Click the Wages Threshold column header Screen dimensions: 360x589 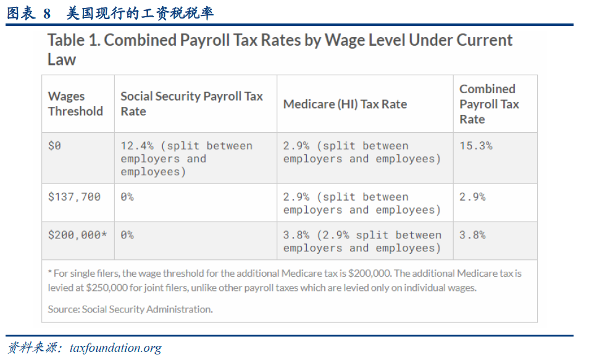[x=75, y=104]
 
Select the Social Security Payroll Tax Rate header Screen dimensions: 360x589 [x=191, y=104]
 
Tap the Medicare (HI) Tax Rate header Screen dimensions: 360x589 [x=345, y=104]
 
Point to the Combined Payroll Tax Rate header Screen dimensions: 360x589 [x=489, y=104]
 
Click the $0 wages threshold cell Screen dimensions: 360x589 [x=55, y=146]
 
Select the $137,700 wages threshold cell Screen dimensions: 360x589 [x=74, y=197]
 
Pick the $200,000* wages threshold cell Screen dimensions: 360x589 [x=78, y=235]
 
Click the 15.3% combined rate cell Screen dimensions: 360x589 [x=476, y=146]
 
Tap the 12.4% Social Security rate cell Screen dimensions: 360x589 [x=186, y=159]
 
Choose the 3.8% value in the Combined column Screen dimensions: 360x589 [x=472, y=235]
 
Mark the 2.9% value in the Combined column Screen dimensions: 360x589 [x=472, y=197]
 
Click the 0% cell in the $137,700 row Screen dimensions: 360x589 [x=127, y=197]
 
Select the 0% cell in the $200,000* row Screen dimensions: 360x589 [x=127, y=235]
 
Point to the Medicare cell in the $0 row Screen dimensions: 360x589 [x=362, y=153]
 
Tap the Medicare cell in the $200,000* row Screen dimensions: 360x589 [x=362, y=241]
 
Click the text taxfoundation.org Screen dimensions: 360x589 [x=115, y=348]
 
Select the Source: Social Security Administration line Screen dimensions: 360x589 [x=130, y=309]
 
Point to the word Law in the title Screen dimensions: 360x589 [x=62, y=60]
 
